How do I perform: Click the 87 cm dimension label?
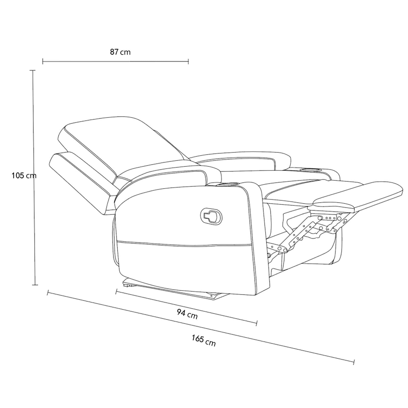tap(120, 52)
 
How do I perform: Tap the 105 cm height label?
tap(24, 175)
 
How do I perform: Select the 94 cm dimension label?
tap(187, 314)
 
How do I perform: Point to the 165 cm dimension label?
tap(204, 341)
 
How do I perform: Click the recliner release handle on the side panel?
tap(211, 216)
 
